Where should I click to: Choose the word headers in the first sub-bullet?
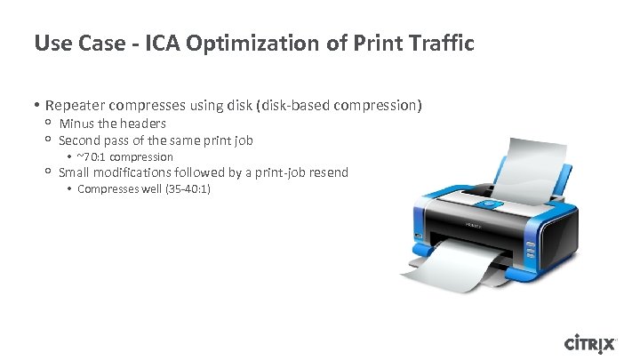pyautogui.click(x=142, y=124)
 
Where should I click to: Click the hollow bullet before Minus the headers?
pyautogui.click(x=47, y=124)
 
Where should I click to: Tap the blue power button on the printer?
pyautogui.click(x=484, y=204)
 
